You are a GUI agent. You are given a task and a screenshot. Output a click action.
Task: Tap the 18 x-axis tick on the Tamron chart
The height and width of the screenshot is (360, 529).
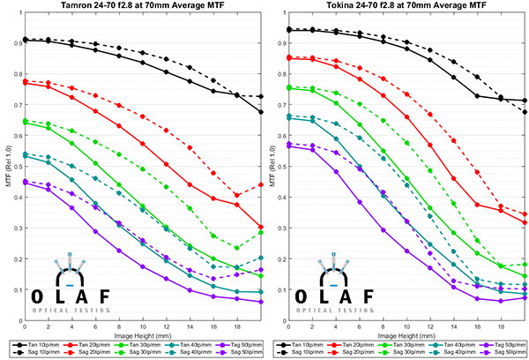[x=237, y=326]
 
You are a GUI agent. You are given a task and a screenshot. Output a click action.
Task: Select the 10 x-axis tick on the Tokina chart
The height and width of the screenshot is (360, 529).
[x=407, y=326]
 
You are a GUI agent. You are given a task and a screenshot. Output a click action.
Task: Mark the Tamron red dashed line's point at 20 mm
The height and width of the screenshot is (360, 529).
[x=261, y=185]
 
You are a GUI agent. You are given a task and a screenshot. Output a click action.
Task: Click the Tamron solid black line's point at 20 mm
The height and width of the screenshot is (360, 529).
[x=261, y=112]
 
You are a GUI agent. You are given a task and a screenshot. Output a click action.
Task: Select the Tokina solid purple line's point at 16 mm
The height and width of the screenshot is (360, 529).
[x=477, y=298]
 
